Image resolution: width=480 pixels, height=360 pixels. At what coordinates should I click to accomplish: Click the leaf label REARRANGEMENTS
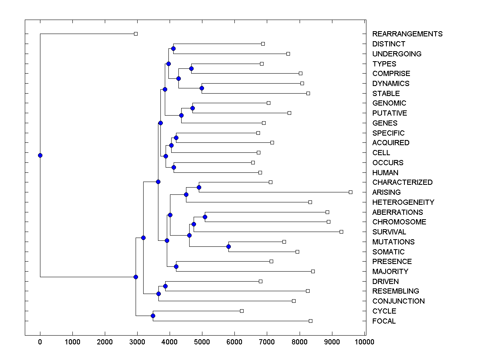tap(407, 34)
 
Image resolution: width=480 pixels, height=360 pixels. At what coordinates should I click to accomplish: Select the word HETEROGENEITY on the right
tap(403, 202)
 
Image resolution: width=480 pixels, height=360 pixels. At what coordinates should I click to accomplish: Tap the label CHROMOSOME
tap(399, 222)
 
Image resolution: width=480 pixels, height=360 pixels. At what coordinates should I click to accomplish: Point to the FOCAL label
tap(384, 321)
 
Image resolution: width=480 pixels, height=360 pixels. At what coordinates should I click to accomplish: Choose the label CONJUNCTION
tap(398, 301)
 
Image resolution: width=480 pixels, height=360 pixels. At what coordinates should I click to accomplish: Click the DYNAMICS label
tap(390, 84)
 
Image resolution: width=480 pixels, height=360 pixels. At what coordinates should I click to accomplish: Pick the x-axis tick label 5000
tap(202, 342)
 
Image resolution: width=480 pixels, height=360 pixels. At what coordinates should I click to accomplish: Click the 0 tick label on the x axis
tap(40, 342)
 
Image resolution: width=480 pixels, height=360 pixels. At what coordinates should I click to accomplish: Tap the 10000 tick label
tap(364, 342)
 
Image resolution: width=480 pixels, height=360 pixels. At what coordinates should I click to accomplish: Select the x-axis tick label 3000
tap(137, 342)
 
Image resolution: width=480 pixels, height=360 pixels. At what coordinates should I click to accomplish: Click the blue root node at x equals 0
tap(40, 155)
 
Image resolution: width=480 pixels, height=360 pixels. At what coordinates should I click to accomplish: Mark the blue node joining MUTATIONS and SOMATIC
tap(228, 246)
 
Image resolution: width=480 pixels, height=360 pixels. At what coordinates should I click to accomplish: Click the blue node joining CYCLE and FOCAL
tap(153, 316)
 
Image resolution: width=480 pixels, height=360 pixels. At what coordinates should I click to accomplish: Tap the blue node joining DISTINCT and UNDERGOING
tap(173, 49)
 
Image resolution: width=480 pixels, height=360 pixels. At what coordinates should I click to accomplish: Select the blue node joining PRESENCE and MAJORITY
tap(176, 266)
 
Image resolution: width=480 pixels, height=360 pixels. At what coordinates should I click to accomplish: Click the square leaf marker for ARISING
tap(350, 192)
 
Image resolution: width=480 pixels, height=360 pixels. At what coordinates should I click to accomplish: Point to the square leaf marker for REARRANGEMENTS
tap(136, 34)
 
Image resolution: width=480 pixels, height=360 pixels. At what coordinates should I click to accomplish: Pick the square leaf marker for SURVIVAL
tap(341, 232)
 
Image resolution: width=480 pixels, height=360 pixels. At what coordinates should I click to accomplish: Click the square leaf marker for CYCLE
tap(242, 311)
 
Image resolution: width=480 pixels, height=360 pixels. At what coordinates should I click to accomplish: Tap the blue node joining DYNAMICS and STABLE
tap(202, 88)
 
